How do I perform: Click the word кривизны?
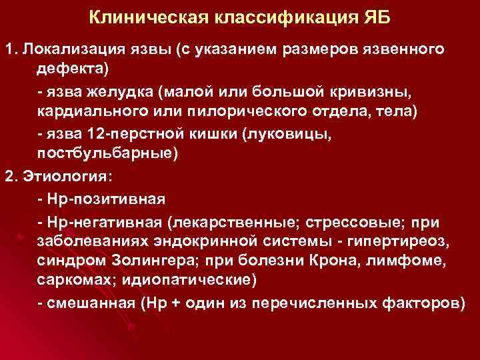tap(391, 91)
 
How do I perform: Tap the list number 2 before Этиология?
tap(9, 177)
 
